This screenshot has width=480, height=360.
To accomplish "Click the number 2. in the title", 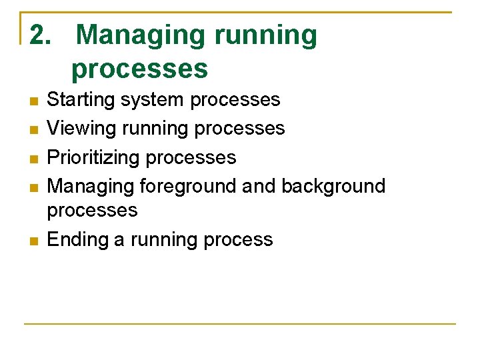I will click(42, 35).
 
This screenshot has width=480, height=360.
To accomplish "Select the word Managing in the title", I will click(141, 35).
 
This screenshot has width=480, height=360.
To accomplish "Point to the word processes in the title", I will click(140, 69).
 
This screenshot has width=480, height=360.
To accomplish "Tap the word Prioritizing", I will click(93, 157).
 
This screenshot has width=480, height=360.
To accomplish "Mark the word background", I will click(333, 186).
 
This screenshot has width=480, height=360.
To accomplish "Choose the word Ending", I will click(78, 240).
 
